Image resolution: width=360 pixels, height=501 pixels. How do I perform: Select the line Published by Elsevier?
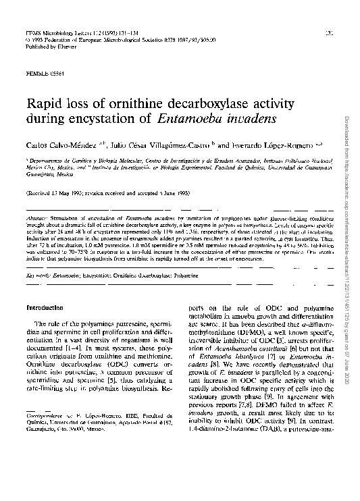pyautogui.click(x=45, y=48)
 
